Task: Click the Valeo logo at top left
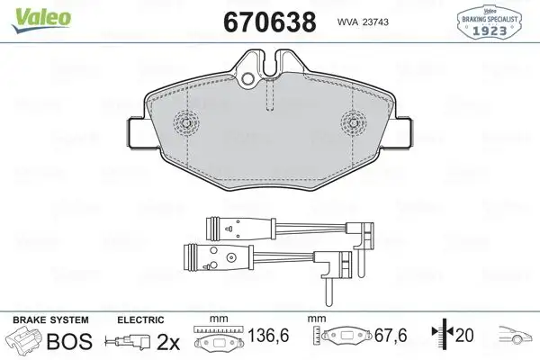click(32, 17)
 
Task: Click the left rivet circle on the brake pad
click(188, 125)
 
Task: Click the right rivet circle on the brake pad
click(352, 125)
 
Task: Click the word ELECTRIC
click(141, 319)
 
